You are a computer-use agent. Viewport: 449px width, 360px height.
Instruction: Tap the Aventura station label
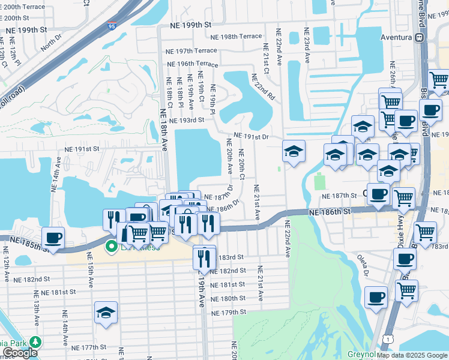[x=396, y=37]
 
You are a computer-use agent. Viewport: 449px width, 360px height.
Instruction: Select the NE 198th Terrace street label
[x=232, y=37]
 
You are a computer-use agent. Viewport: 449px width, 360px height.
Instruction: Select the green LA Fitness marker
[x=111, y=246]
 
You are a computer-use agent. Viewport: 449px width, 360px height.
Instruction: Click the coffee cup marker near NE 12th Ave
[x=53, y=238]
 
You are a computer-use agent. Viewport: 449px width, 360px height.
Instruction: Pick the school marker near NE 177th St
[x=106, y=313]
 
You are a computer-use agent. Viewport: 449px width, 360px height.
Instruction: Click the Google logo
[x=20, y=353]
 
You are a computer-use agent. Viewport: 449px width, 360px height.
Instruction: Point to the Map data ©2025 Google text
[x=412, y=355]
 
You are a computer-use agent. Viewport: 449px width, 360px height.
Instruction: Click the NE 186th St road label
[x=330, y=212]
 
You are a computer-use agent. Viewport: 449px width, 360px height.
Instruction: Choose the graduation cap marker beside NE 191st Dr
[x=294, y=152]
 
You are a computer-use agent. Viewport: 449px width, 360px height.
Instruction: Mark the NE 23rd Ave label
[x=306, y=40]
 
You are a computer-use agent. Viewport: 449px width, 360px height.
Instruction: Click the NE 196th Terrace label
[x=192, y=64]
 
